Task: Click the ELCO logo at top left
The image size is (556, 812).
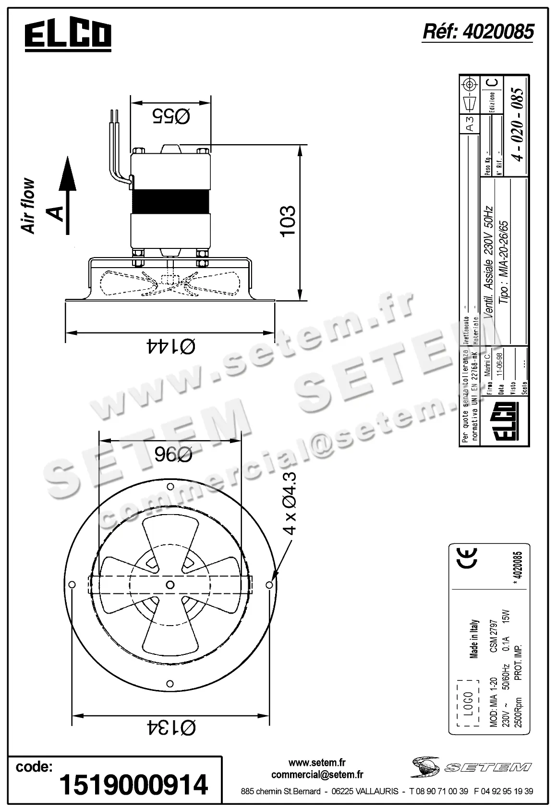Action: click(x=68, y=36)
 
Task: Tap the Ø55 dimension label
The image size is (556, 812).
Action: click(x=171, y=116)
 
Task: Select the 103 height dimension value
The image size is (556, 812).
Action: click(x=288, y=221)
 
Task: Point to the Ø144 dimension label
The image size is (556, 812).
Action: click(x=170, y=346)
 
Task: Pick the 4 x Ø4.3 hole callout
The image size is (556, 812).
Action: click(x=290, y=503)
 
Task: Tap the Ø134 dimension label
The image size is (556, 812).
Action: click(x=170, y=728)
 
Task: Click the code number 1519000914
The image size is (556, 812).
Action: click(x=133, y=784)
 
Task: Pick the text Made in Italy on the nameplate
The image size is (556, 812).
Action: click(x=474, y=639)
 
